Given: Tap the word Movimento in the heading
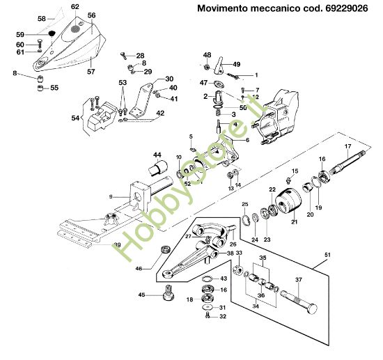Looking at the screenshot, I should [223, 9].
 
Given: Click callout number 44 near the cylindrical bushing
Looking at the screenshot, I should [157, 155].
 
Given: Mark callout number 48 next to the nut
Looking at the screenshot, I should [207, 54].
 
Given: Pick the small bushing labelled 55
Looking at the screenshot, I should [40, 88].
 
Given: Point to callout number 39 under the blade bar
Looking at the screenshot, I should [118, 245].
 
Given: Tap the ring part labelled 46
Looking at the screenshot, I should [165, 249].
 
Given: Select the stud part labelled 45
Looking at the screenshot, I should [167, 293].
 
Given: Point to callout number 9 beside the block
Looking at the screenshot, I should [109, 197].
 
